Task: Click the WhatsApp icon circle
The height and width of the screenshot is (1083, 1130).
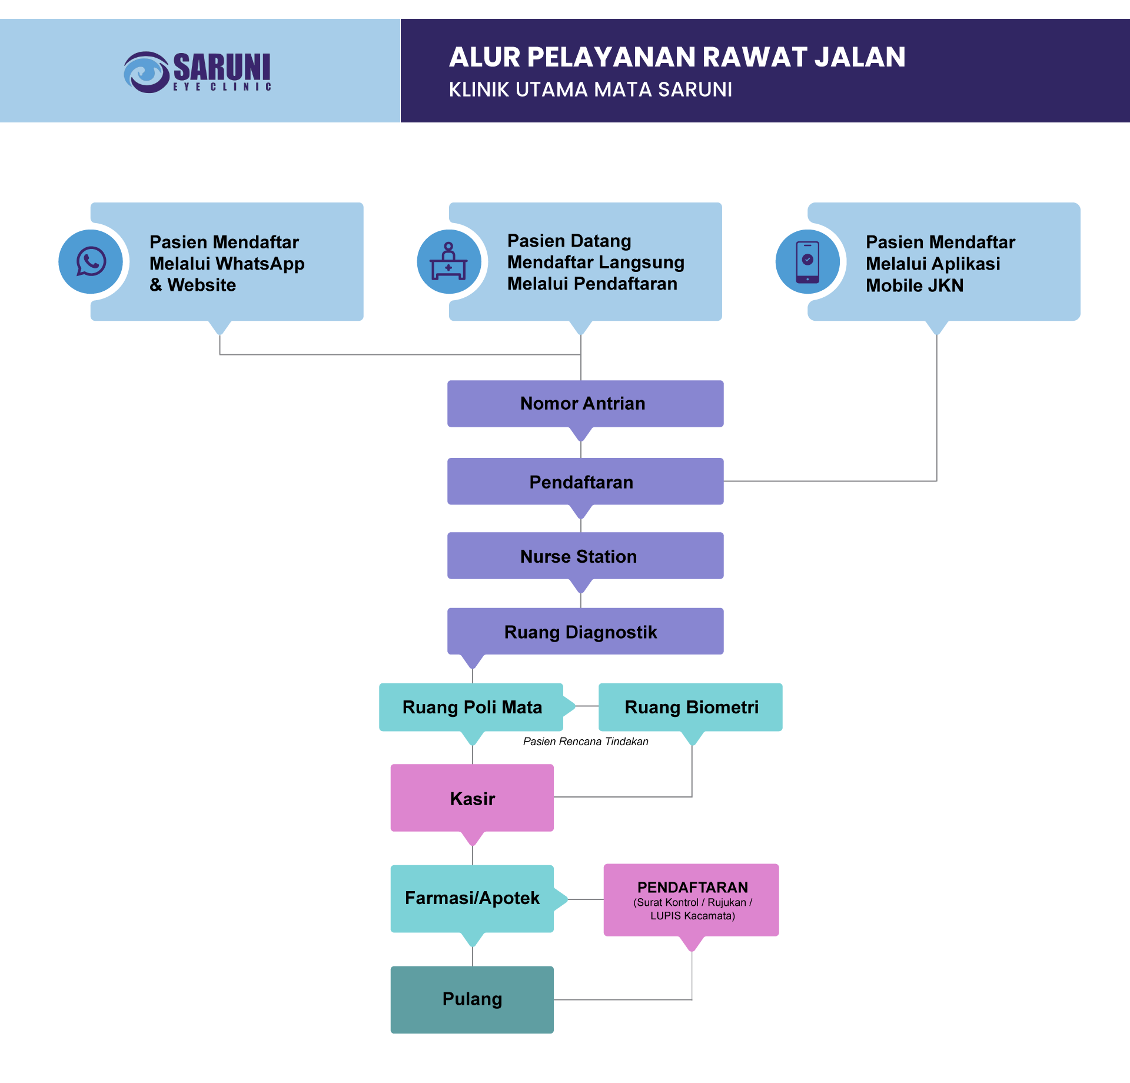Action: click(91, 262)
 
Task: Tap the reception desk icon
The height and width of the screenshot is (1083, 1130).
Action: click(448, 262)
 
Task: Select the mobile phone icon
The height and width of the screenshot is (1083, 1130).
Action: click(807, 262)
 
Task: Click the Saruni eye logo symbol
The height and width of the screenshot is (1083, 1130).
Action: click(146, 72)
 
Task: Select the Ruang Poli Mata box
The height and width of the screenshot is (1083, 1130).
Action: click(471, 707)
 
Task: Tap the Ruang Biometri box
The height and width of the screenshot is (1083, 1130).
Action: click(690, 707)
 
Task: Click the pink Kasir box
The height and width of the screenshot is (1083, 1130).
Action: click(472, 798)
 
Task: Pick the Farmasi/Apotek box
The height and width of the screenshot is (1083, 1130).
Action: click(472, 898)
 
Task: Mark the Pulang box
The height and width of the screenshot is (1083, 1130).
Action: click(472, 999)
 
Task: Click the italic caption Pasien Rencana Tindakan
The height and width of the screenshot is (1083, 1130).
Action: click(586, 742)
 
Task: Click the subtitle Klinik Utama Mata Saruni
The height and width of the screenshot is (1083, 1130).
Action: click(590, 89)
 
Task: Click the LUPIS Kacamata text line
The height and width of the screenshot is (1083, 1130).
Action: click(692, 916)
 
